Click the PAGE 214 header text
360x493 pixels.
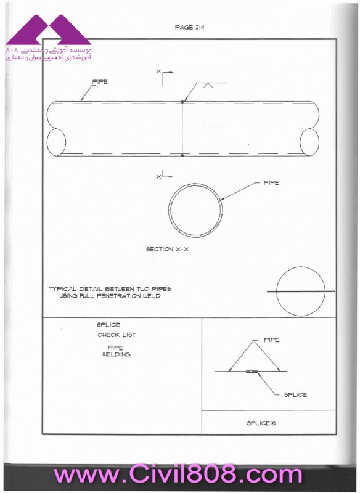[x=189, y=27]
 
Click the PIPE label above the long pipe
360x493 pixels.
[x=100, y=82]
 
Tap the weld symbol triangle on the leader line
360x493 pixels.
[x=207, y=85]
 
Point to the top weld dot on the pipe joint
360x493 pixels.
[x=182, y=102]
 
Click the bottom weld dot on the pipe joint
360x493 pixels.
[x=182, y=155]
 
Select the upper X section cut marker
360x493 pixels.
[x=165, y=76]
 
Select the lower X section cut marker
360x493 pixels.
[x=165, y=175]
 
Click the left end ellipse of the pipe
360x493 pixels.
[x=56, y=142]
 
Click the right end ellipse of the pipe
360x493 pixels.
[x=309, y=142]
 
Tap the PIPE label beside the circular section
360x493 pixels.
[x=271, y=182]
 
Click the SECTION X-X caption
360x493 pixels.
[x=167, y=249]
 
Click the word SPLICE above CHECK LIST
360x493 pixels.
[x=108, y=325]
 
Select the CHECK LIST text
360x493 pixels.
[x=117, y=335]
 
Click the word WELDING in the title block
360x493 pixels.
[x=117, y=354]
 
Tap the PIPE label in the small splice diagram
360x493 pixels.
[x=271, y=340]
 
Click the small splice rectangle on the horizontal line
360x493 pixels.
[x=252, y=372]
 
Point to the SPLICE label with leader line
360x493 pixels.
[x=295, y=394]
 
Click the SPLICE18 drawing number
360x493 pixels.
[x=261, y=423]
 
